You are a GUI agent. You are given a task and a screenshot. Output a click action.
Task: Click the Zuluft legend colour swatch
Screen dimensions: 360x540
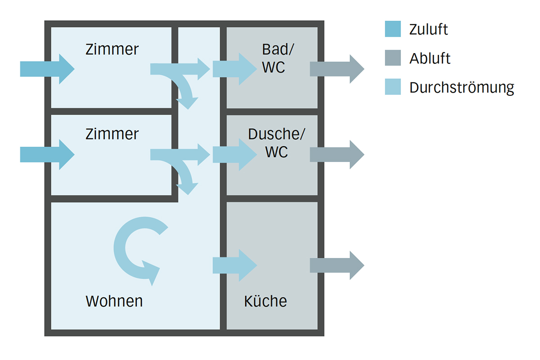click(x=392, y=29)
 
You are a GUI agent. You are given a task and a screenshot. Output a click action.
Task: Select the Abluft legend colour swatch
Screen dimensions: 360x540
click(x=392, y=58)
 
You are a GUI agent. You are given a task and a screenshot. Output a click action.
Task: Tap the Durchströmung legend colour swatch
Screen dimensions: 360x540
click(x=392, y=87)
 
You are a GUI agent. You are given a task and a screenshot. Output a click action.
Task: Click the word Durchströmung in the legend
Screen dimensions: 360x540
click(x=461, y=87)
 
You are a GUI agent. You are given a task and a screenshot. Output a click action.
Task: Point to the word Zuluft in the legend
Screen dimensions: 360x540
click(x=428, y=30)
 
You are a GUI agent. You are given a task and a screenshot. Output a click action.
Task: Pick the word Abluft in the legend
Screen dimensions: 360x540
click(x=430, y=58)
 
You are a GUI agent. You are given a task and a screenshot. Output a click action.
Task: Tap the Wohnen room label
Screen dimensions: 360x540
click(x=114, y=301)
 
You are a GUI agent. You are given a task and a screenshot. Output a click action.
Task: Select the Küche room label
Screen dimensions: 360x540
click(x=265, y=301)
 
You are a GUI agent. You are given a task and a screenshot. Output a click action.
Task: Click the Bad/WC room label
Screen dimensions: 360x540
click(x=274, y=58)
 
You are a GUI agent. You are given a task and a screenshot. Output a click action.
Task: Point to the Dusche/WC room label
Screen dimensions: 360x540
click(x=276, y=143)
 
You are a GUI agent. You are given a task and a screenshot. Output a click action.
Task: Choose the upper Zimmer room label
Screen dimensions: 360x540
click(x=112, y=49)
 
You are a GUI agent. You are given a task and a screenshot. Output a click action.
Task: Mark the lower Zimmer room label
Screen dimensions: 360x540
click(x=112, y=134)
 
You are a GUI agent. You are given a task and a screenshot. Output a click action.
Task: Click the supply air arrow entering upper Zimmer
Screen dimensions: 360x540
click(x=47, y=69)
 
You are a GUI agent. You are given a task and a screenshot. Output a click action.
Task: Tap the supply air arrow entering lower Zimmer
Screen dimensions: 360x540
click(x=47, y=154)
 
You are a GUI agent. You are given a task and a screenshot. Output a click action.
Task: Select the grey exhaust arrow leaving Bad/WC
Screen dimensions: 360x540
click(x=337, y=69)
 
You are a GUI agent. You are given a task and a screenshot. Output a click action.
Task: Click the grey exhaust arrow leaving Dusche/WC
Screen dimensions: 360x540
click(x=337, y=154)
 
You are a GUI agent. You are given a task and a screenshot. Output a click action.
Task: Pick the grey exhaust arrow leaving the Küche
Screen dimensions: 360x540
click(x=337, y=265)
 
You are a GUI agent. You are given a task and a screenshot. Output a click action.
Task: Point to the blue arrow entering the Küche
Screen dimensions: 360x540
click(x=234, y=265)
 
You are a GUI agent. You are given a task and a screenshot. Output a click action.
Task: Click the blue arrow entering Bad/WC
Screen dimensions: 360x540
click(x=234, y=69)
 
